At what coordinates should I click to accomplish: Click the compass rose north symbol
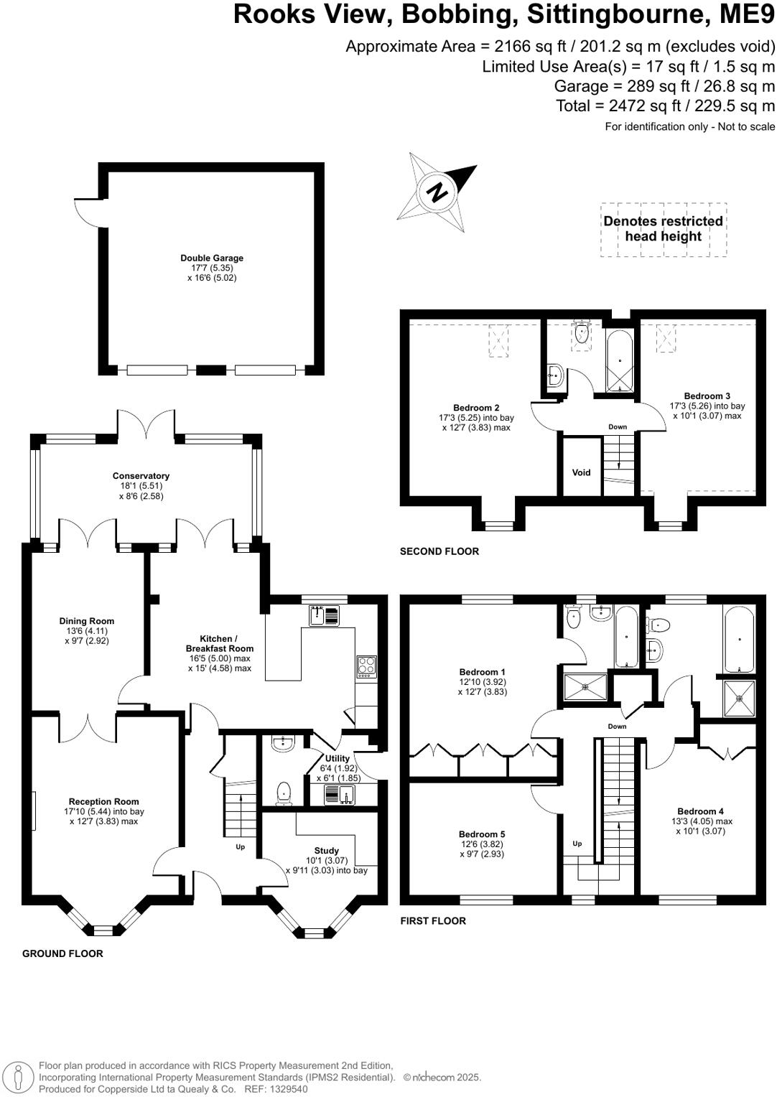tap(436, 192)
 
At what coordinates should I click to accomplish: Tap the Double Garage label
tap(212, 258)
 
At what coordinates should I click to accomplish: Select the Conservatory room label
tap(141, 476)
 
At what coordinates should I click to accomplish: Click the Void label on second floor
tap(581, 472)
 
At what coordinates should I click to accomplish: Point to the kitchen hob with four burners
tap(366, 666)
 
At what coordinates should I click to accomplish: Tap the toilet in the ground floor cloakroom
tap(284, 793)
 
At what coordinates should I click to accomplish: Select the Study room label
tap(326, 851)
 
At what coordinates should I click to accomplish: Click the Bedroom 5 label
tap(482, 834)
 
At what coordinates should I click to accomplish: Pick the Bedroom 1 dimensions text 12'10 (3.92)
tap(482, 682)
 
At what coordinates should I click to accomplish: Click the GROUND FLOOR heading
tap(62, 953)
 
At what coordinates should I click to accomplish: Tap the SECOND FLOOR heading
tap(439, 551)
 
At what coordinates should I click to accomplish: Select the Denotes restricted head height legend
tap(663, 229)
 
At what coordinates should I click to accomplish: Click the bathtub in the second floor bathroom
tap(620, 360)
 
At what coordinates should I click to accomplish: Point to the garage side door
tap(90, 213)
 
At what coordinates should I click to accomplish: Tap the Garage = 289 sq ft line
tap(664, 86)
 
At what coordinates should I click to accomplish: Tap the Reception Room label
tap(104, 801)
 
